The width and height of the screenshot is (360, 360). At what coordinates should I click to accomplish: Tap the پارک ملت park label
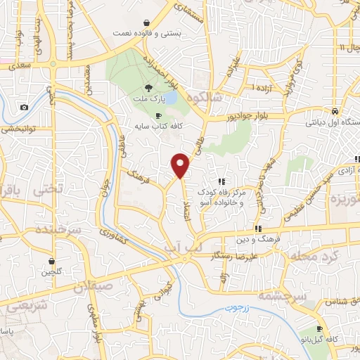click(x=148, y=100)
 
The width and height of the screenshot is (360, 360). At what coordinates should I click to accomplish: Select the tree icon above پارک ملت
click(x=148, y=88)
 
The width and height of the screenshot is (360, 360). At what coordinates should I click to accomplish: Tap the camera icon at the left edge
click(x=24, y=107)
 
